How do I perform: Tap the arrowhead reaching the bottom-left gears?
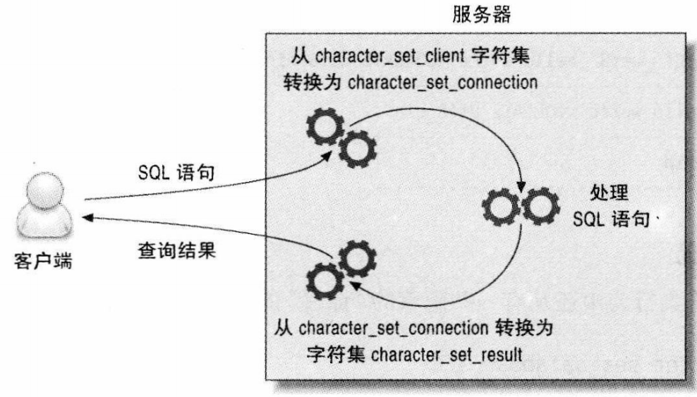pyautogui.click(x=354, y=286)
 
